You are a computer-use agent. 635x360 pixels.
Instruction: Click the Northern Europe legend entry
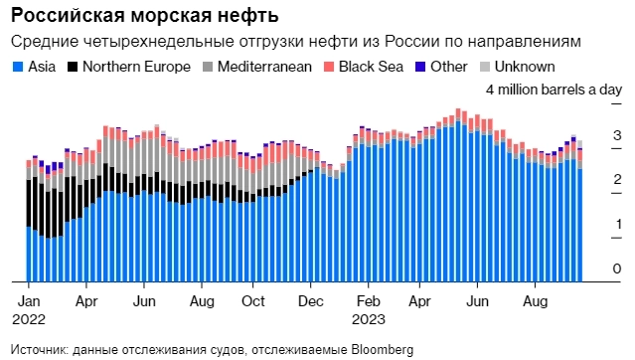tap(118, 67)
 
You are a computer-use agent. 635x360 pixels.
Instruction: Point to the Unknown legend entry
tap(518, 67)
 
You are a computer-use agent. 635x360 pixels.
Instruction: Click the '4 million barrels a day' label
tap(553, 90)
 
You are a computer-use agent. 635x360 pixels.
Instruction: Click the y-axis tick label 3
tap(617, 134)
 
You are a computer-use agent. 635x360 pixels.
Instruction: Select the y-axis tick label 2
tap(617, 179)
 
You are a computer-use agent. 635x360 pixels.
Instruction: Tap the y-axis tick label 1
tap(617, 224)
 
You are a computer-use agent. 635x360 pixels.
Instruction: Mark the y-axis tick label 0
tap(617, 270)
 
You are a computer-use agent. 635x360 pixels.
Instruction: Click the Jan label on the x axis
tap(31, 299)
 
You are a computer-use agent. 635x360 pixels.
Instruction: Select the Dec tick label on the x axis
tap(311, 299)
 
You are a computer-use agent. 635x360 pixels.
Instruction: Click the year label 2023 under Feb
tap(370, 319)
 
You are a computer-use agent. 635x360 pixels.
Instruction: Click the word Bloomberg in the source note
tap(376, 349)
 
